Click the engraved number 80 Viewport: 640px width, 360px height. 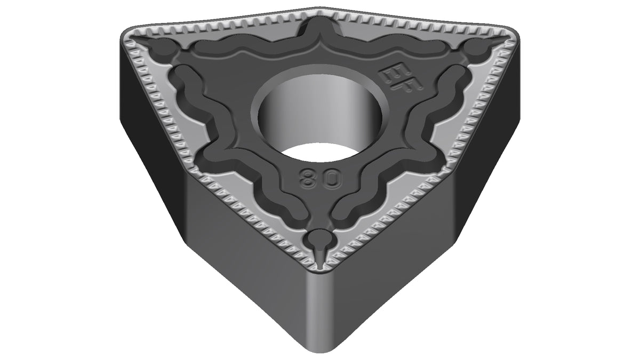(321, 178)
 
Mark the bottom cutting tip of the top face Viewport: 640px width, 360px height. (321, 269)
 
